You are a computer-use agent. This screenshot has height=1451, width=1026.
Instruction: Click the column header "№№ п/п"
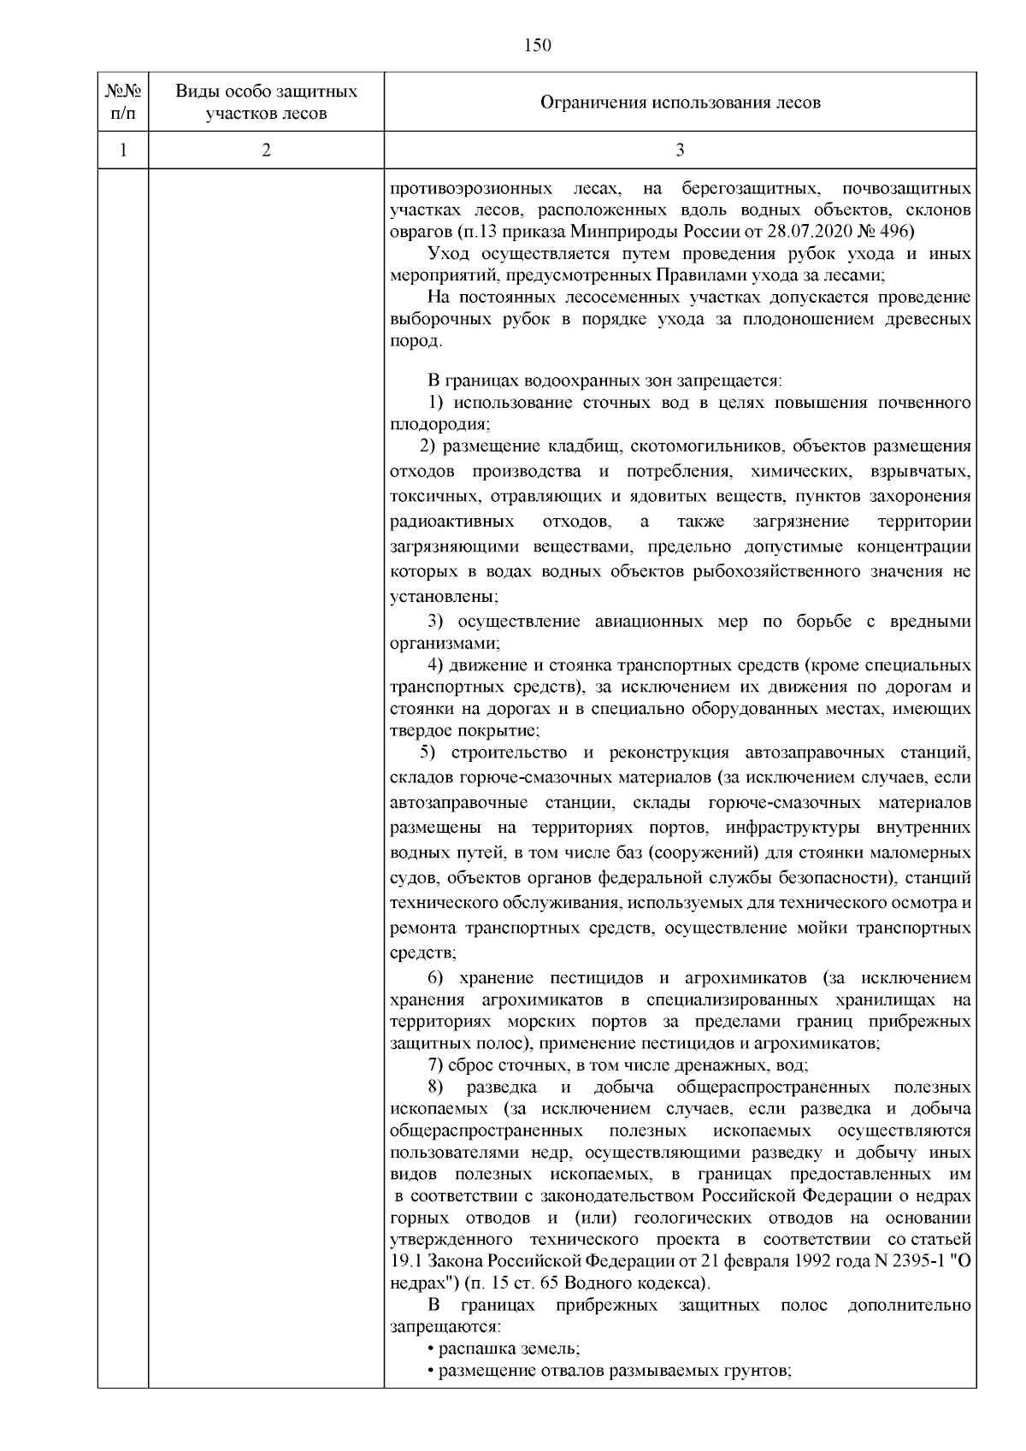tap(122, 102)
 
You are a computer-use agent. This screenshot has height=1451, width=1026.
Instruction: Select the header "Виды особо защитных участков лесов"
tap(266, 102)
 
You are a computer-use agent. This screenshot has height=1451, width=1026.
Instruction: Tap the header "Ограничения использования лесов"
tap(680, 103)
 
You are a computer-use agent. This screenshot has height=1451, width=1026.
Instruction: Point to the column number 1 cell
tap(122, 150)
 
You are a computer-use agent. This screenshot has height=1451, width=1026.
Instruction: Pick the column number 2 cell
tap(266, 150)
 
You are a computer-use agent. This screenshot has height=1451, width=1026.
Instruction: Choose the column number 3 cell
tap(680, 150)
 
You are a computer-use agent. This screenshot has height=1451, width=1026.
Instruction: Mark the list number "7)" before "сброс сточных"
tap(434, 1065)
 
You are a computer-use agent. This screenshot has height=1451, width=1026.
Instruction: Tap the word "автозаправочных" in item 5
tap(815, 753)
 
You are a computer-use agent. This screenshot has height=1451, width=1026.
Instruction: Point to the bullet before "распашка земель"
tap(430, 1350)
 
